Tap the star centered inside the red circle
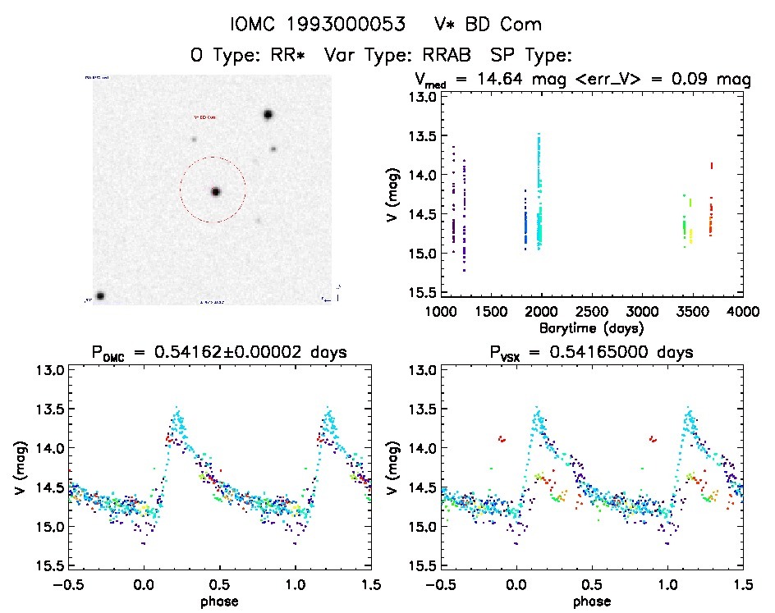coord(216,191)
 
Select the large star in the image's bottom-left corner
coord(100,295)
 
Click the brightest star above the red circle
coord(268,115)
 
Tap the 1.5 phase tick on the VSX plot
coord(742,585)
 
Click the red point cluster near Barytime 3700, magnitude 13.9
coord(712,166)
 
